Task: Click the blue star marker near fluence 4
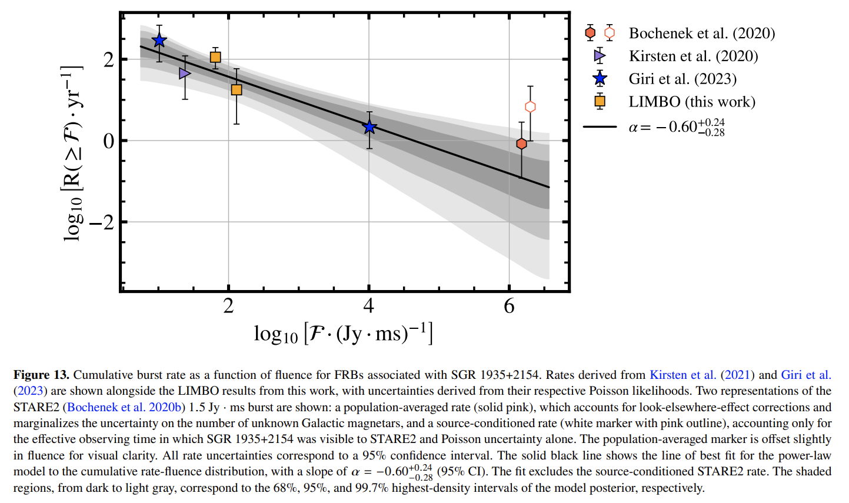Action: point(369,126)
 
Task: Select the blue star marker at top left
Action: point(159,41)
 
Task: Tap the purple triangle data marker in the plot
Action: point(185,74)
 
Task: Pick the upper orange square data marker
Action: point(215,57)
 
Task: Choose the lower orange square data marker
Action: point(237,89)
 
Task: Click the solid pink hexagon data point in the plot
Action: point(521,144)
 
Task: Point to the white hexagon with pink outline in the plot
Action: point(530,106)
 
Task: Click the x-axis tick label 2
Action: point(228,306)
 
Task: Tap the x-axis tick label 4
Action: point(368,306)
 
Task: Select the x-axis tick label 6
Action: point(509,306)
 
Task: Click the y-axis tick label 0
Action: point(108,141)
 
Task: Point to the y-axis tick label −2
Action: point(101,222)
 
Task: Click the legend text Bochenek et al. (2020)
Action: point(701,34)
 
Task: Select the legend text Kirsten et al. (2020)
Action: point(693,56)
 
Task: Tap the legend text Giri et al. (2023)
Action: point(682,79)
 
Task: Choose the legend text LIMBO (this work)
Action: point(692,102)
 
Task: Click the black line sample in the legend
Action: point(600,126)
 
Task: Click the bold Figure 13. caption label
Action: point(41,375)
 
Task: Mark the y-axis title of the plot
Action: point(72,153)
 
